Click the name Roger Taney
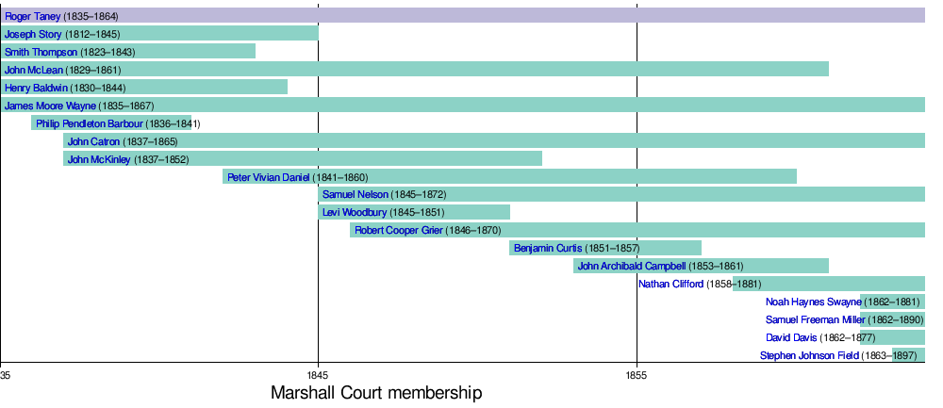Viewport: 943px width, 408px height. (x=33, y=16)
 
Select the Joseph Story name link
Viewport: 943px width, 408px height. (x=33, y=34)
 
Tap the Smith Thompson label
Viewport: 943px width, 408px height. (x=41, y=52)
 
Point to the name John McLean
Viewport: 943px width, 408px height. (x=33, y=70)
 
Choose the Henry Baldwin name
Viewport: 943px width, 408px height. (x=36, y=88)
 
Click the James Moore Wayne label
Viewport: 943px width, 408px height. (x=50, y=106)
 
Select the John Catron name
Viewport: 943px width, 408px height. (x=93, y=141)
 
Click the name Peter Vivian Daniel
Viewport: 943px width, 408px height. (x=269, y=177)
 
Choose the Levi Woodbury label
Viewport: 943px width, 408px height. (x=355, y=213)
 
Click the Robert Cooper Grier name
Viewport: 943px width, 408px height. (x=399, y=231)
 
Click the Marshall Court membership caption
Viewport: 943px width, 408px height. (x=376, y=393)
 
